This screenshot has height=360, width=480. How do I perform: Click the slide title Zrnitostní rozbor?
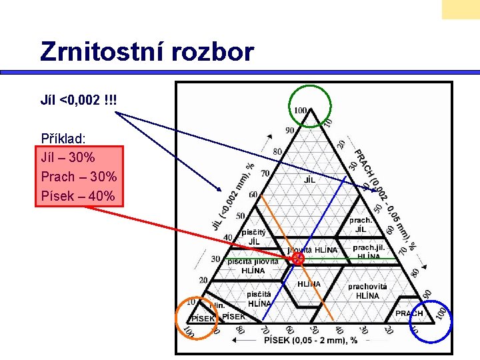coord(147,51)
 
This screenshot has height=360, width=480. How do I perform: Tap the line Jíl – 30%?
coord(67,158)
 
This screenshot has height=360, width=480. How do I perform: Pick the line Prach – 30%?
coord(79,177)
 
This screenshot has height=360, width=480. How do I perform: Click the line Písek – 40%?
coord(78,196)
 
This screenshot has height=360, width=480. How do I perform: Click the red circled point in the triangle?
coord(298,258)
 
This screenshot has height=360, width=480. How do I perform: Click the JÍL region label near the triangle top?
coord(310,180)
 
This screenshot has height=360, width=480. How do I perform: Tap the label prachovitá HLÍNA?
coord(367,291)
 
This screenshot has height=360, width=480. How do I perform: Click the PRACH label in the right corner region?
coord(409,313)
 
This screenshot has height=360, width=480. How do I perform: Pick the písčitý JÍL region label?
coord(254,237)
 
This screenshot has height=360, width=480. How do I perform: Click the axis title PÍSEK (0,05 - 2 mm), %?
coord(311,340)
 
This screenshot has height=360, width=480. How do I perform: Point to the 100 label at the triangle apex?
coord(301,111)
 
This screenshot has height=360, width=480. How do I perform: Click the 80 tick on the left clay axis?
coord(277,151)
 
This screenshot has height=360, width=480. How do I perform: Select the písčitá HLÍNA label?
coord(259,299)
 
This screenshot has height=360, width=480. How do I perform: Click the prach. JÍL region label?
coord(361,225)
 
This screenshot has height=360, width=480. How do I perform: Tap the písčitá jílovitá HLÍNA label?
coord(253,266)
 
